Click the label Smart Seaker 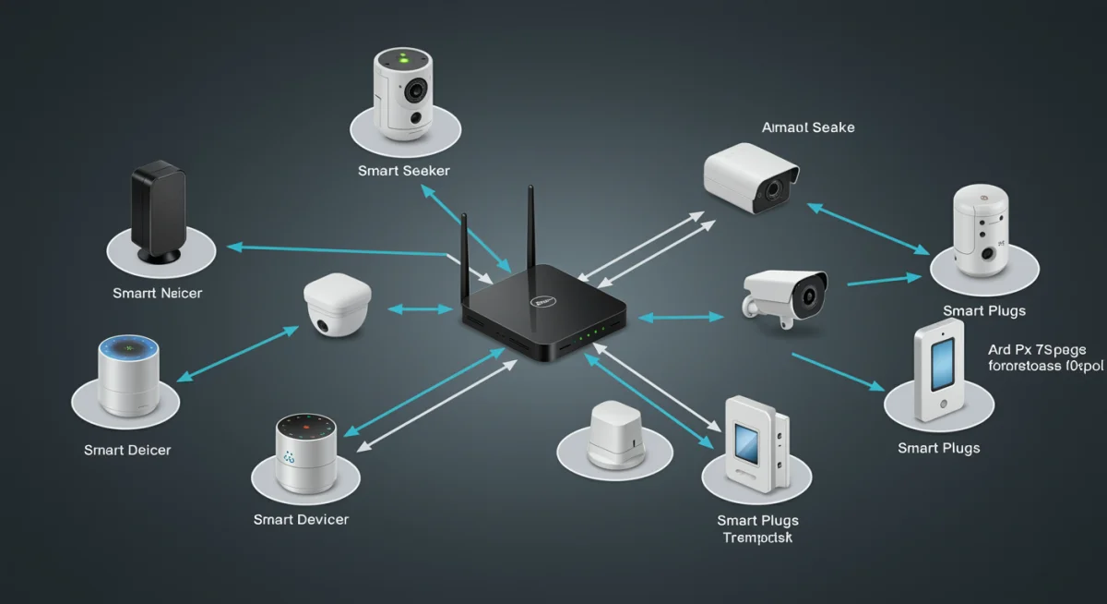click(404, 171)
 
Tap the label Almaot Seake click(808, 127)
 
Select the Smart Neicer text click(157, 293)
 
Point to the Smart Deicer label click(127, 450)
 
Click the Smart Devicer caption click(301, 520)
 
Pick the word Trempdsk click(756, 538)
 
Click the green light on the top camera click(403, 58)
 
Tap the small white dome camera click(337, 305)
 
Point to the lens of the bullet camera click(810, 296)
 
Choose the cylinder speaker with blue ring click(128, 377)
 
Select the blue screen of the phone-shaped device click(943, 361)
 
